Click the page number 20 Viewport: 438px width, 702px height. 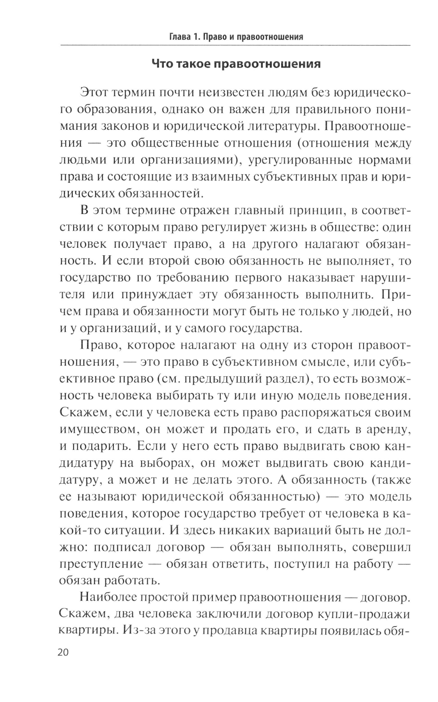click(63, 652)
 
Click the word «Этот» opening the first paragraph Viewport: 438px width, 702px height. click(95, 93)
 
